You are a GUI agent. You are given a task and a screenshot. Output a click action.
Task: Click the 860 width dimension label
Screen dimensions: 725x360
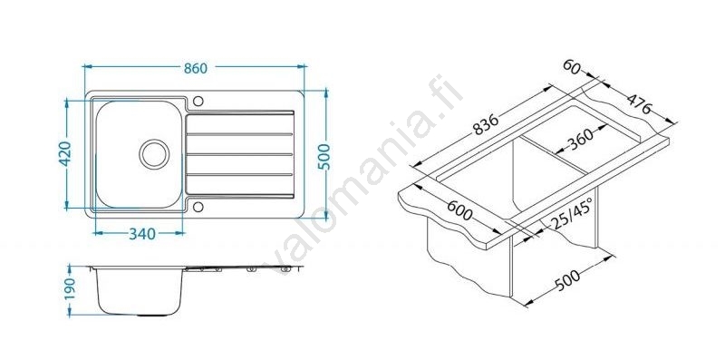click(196, 69)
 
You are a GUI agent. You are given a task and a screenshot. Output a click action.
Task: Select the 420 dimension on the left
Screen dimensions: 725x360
click(65, 153)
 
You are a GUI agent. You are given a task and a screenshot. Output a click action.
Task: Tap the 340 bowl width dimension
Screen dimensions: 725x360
click(142, 234)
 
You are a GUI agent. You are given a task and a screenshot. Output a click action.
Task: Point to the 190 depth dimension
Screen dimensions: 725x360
click(70, 288)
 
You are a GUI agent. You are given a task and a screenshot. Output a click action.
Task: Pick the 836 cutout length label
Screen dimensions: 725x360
click(485, 125)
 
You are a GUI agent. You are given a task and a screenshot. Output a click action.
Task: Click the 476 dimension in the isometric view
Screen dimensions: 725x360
click(640, 104)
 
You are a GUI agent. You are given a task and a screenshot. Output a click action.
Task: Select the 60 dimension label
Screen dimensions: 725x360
click(572, 67)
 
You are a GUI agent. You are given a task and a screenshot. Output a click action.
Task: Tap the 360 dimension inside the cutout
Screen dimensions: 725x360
click(580, 139)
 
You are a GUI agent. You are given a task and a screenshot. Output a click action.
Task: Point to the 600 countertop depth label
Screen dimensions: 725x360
click(460, 210)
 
